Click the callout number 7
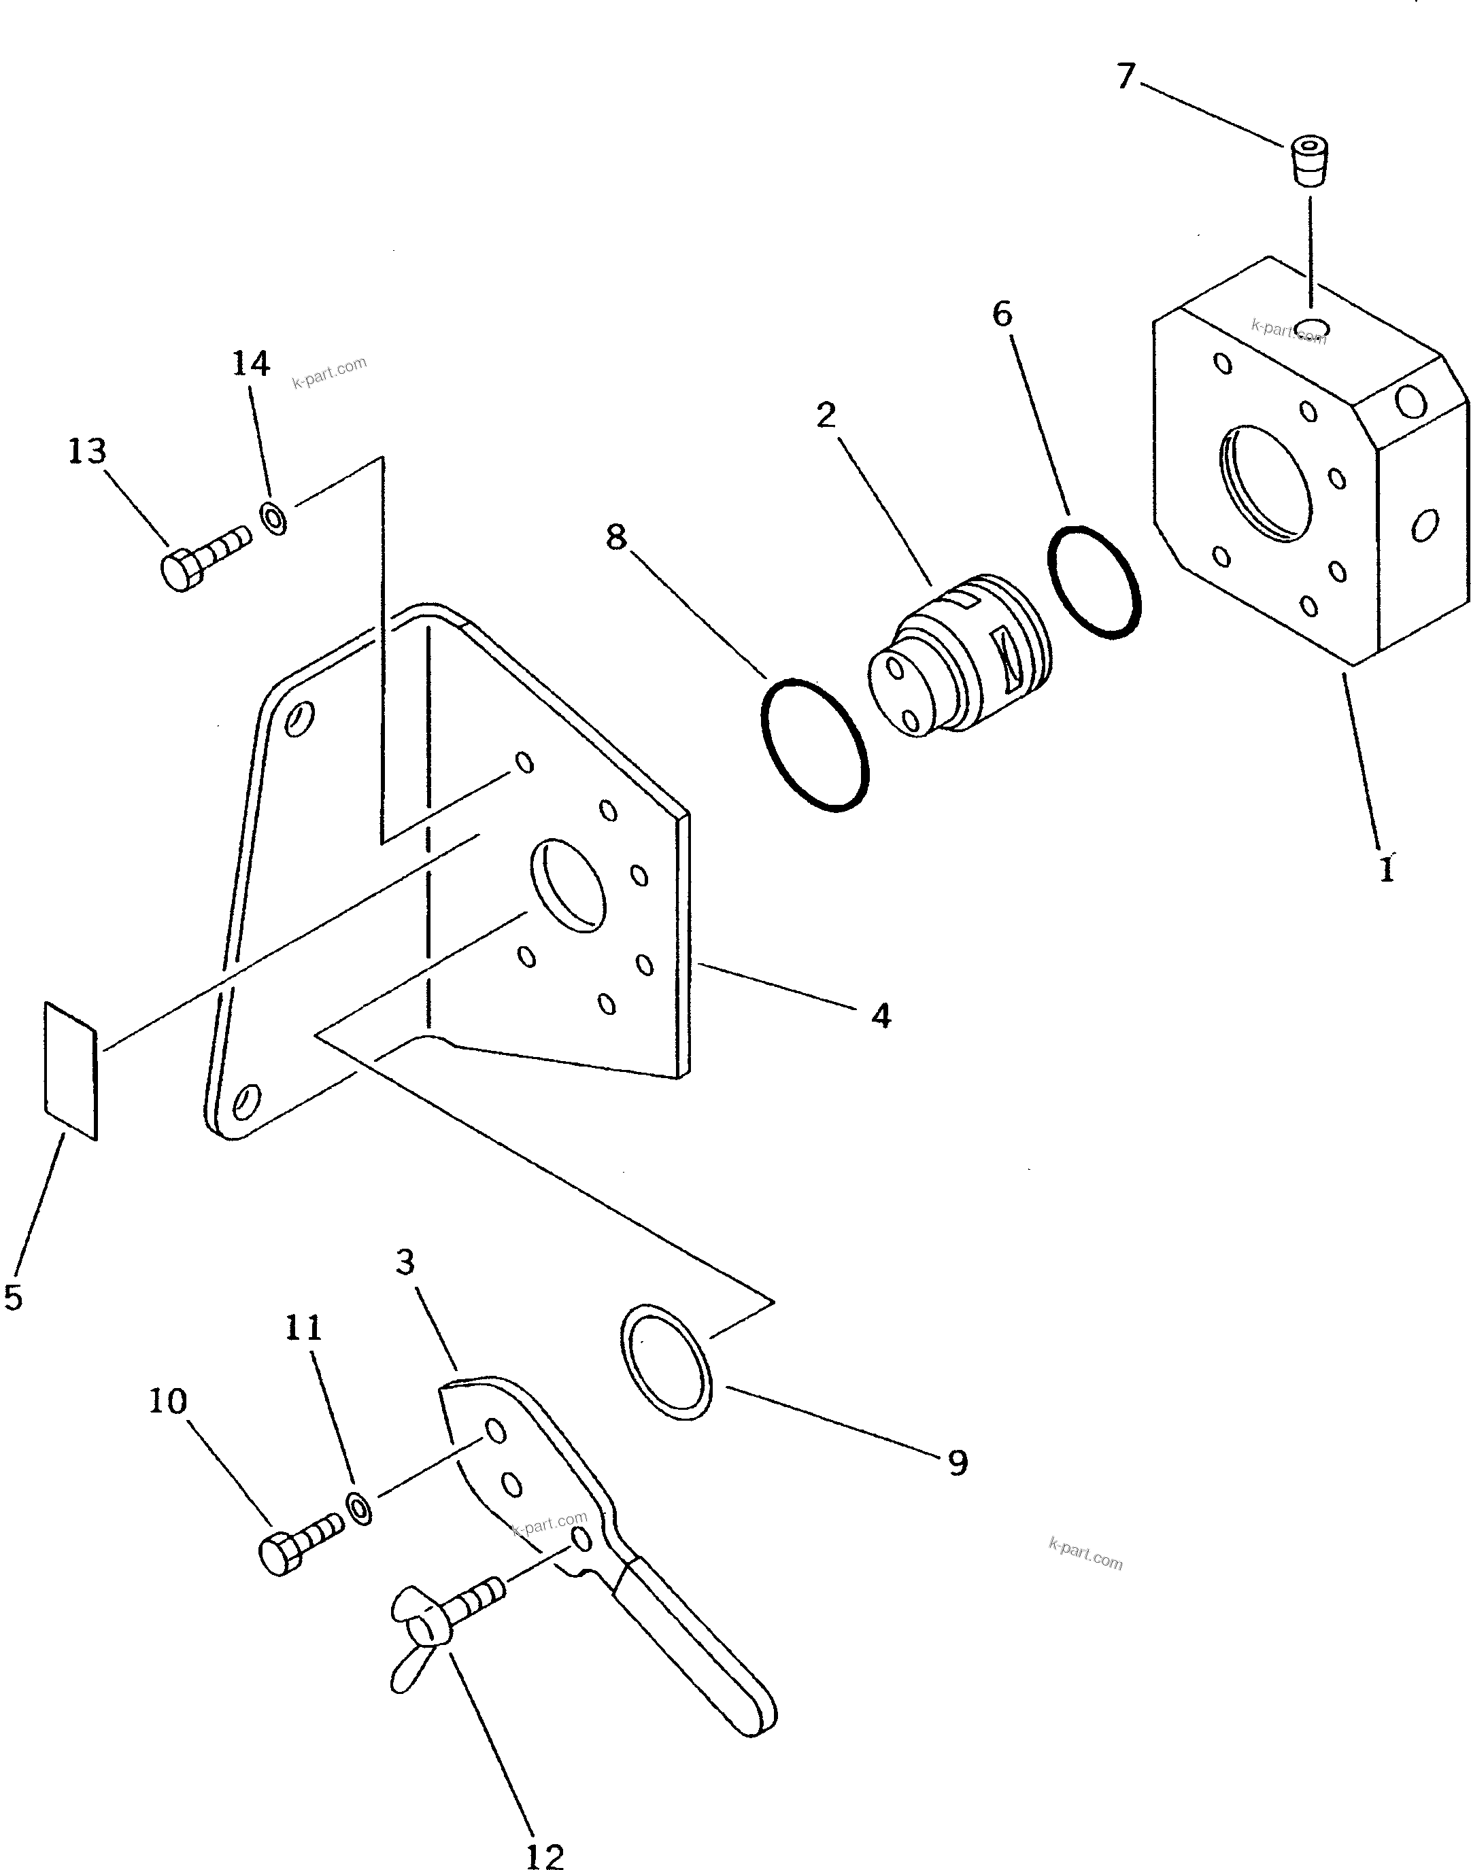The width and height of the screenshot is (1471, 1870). click(x=1126, y=77)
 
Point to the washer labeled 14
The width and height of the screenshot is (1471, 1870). click(x=274, y=519)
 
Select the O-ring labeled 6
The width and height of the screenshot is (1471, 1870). click(x=1094, y=582)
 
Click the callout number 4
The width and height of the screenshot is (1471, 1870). click(x=880, y=1017)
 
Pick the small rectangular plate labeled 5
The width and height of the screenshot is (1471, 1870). click(x=71, y=1071)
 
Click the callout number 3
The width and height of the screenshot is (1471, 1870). click(x=405, y=1263)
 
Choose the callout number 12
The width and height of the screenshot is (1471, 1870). click(x=544, y=1850)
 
